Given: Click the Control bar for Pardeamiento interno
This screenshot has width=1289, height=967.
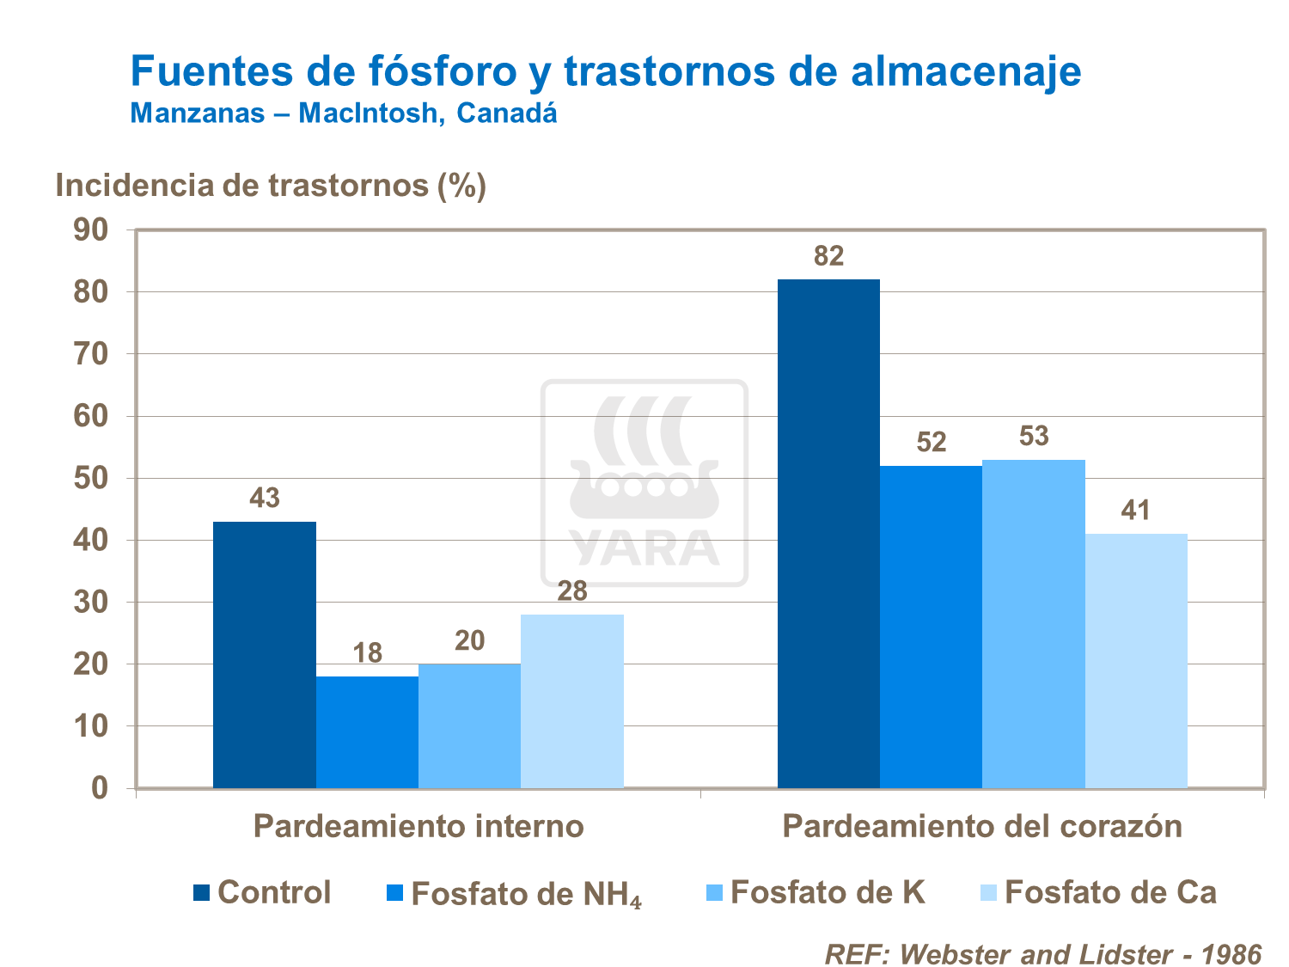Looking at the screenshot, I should [x=265, y=654].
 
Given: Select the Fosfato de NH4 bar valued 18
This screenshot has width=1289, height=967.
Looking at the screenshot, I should [x=367, y=731].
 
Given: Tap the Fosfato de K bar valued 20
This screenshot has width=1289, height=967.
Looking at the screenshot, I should [x=469, y=725].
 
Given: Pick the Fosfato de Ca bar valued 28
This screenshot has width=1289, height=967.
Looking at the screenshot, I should [x=572, y=701].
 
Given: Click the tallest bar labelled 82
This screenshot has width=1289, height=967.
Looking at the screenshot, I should [x=828, y=533].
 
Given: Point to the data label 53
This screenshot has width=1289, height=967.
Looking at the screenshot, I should [x=1034, y=437].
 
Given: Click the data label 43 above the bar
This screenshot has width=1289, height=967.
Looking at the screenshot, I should [x=265, y=499].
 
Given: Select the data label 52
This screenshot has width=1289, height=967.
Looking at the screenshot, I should [x=932, y=443].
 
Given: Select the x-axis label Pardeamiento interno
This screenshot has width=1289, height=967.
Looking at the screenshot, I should [x=418, y=827].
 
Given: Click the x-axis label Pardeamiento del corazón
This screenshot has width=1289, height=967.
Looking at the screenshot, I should [x=982, y=827].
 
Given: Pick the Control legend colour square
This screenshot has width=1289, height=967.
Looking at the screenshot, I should [x=201, y=893].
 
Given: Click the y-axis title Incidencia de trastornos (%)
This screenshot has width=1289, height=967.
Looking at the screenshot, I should [x=271, y=186].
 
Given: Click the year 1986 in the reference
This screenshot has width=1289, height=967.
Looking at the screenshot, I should [x=1231, y=954].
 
